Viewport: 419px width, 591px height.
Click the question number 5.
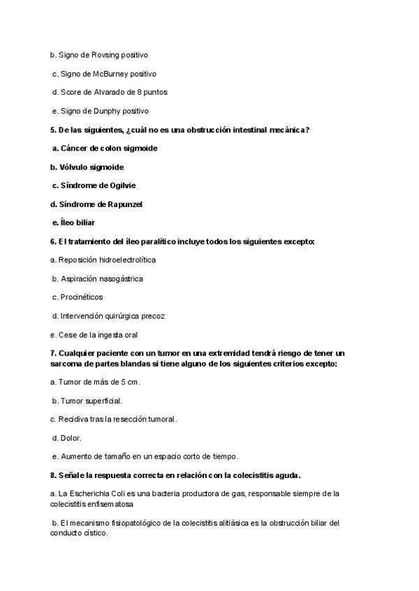52,130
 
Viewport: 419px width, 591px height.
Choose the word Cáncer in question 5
75,148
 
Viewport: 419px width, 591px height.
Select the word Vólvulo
73,167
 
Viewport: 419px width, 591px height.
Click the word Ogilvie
122,185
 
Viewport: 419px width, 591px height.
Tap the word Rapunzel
128,204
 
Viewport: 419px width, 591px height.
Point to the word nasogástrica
119,279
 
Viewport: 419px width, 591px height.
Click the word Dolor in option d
71,438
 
